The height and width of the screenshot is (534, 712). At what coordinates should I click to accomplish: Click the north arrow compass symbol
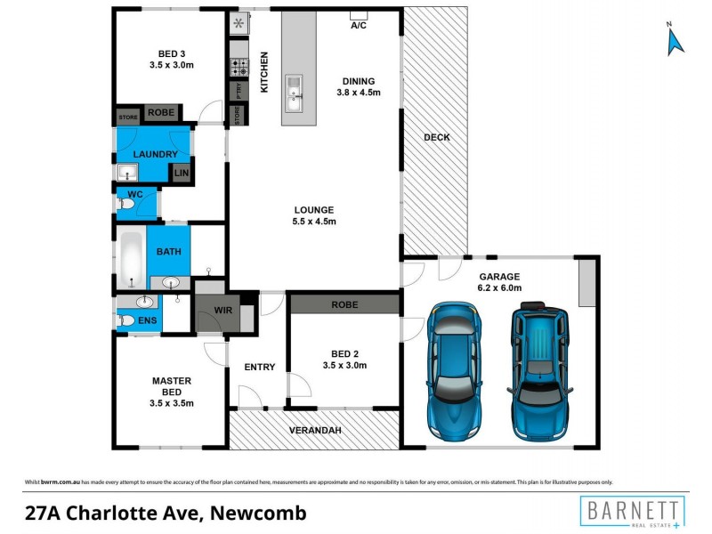pos(674,40)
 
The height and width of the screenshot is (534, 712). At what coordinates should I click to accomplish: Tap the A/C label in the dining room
pos(359,25)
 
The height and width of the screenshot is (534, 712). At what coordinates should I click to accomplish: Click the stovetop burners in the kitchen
pos(239,65)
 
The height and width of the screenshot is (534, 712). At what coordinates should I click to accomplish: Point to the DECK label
pos(436,137)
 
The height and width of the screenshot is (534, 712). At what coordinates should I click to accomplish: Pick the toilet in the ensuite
pos(126,320)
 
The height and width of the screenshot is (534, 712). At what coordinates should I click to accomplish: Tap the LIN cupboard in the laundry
pos(182,173)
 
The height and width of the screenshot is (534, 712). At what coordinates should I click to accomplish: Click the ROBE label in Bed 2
pos(344,304)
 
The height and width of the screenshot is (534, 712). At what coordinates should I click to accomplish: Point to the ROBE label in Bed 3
pos(161,113)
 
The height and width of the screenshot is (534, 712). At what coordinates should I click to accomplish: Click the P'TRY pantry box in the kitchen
pos(238,91)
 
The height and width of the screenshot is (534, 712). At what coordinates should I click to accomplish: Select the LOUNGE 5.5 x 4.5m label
pos(314,216)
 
